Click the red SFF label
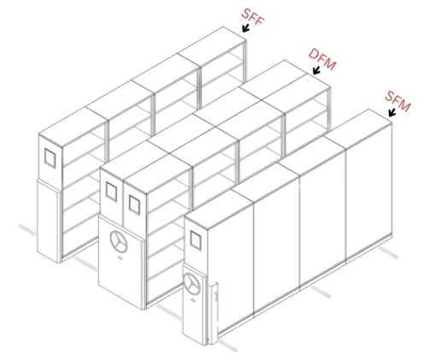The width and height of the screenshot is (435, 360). pos(253,17)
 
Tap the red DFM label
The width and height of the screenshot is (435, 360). pos(322,59)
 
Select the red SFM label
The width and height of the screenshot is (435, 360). pos(397,102)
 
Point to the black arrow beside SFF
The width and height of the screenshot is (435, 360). pos(245,28)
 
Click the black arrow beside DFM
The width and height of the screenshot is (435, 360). pos(316,70)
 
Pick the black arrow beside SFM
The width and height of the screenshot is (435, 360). pos(392,112)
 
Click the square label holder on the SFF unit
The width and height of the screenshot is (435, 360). pos(50,158)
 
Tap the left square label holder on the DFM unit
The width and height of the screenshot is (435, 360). pos(111,192)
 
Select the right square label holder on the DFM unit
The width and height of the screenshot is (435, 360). pos(134,204)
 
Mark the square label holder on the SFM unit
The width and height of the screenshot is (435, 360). pos(196,240)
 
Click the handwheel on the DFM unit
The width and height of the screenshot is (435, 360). pos(119,241)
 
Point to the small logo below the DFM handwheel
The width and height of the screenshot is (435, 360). pos(120,258)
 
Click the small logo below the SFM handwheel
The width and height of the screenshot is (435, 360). pos(192,299)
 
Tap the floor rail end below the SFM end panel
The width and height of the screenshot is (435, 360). pos(227,345)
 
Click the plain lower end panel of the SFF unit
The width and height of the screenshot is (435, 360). pos(49,221)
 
